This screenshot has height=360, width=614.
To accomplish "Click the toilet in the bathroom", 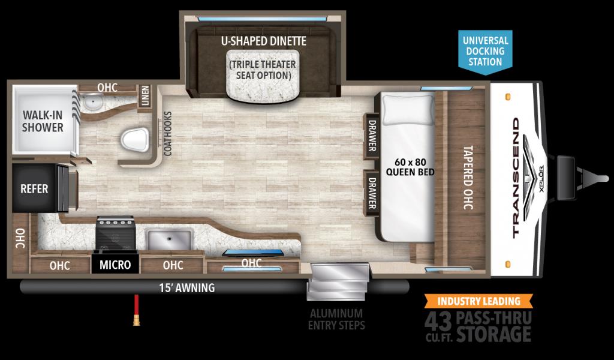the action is pos(135,140).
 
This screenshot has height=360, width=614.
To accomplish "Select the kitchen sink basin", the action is pos(170,239).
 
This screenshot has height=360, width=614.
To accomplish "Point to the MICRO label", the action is pos(115,265).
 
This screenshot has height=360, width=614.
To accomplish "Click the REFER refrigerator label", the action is pos(34,189).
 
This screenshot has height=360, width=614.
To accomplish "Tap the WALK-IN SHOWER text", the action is pos(43,121).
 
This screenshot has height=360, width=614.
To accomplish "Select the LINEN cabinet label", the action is pos(145,95).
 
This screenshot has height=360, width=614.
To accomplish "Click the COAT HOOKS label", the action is pos(168,134).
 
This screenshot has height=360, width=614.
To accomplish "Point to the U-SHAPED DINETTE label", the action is pos(264,41).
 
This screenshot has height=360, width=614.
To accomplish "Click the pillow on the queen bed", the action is pos(408,109).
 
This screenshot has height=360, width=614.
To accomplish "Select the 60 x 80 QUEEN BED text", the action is pos(410,167).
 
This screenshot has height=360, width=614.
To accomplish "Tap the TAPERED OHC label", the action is pos(468,178).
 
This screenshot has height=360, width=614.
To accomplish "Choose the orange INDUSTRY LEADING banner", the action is pos(478,301).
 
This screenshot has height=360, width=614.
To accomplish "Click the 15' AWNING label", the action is pos(187,288).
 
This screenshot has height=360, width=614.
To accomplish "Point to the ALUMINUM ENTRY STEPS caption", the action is pos(336,319).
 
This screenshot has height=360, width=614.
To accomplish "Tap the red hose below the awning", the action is pos(136,310).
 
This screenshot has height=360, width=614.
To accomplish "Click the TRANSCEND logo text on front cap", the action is pos(516,178).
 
